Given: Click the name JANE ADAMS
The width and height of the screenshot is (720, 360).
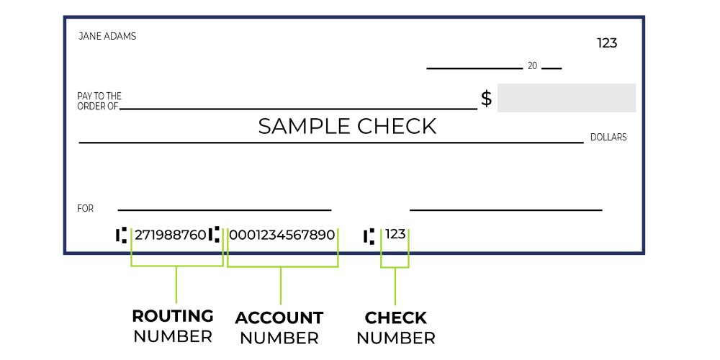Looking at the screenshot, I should tap(107, 36).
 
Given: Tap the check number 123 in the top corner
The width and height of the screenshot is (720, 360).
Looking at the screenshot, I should tap(607, 43).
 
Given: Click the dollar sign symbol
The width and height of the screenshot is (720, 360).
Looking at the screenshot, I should tap(487, 99).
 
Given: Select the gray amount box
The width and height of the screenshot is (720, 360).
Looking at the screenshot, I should tap(566, 98).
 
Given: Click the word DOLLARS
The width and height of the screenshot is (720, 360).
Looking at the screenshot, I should tap(608, 137).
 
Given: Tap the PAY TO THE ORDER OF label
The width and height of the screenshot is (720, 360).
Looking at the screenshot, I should tap(99, 101).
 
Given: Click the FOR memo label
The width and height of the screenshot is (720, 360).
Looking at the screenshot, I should tap(86, 209).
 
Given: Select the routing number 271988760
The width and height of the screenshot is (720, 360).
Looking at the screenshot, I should tap(170, 235).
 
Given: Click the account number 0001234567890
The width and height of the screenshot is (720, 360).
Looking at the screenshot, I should tap(282, 235).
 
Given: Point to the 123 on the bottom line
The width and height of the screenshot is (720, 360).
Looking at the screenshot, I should tap(395, 234).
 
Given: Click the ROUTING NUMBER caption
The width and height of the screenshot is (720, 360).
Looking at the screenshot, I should tap(173, 326).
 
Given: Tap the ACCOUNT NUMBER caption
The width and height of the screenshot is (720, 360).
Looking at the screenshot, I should tap(279, 328).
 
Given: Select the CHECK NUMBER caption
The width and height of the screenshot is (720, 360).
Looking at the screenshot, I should tap(396, 328).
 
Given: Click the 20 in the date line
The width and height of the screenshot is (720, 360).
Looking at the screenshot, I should tap(532, 66).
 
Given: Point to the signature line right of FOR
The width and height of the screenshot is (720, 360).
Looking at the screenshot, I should tap(505, 210).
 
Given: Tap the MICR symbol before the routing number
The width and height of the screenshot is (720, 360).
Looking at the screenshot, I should tap(121, 235).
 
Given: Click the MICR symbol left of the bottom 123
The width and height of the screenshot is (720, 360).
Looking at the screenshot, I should tap(369, 235).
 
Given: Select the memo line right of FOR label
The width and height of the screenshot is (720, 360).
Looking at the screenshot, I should tap(224, 210).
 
